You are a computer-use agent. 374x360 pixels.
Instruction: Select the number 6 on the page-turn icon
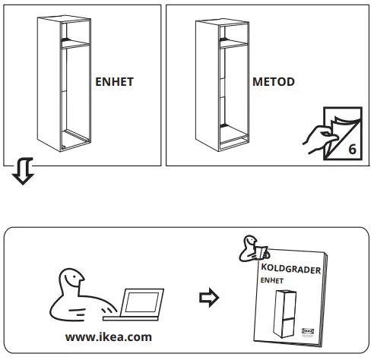[351, 148]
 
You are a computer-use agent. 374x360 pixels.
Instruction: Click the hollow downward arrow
[19, 174]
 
